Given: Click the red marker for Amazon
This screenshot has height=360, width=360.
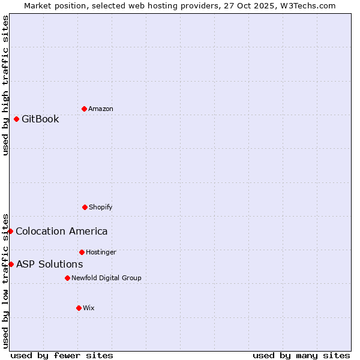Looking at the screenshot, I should pyautogui.click(x=84, y=109).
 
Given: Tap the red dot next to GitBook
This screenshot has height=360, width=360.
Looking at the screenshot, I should pyautogui.click(x=16, y=119).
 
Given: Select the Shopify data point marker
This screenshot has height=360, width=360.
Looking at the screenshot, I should pyautogui.click(x=85, y=207).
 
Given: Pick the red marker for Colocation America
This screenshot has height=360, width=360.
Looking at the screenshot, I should pyautogui.click(x=10, y=231).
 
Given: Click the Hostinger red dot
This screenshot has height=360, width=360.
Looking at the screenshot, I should pyautogui.click(x=82, y=252).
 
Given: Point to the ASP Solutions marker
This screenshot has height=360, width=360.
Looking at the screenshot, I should pyautogui.click(x=11, y=264).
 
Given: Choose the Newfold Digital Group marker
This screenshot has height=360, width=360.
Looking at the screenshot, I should pyautogui.click(x=67, y=278).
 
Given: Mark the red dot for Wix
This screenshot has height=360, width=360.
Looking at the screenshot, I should pyautogui.click(x=79, y=308).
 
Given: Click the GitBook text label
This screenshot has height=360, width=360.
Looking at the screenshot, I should pyautogui.click(x=40, y=119).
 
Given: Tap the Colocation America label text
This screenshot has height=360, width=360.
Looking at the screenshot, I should pyautogui.click(x=62, y=231).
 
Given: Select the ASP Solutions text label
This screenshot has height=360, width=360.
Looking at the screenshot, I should pyautogui.click(x=49, y=264).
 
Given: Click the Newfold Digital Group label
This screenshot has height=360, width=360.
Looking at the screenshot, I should pyautogui.click(x=106, y=278).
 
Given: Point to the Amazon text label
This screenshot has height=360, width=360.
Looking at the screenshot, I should pyautogui.click(x=101, y=109).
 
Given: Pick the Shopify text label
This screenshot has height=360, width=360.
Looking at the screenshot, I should pyautogui.click(x=101, y=207).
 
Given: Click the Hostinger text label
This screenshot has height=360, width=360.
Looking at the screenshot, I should pyautogui.click(x=101, y=252).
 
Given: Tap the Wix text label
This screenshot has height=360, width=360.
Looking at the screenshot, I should pyautogui.click(x=89, y=308).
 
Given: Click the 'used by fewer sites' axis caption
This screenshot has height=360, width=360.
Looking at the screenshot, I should pyautogui.click(x=62, y=355).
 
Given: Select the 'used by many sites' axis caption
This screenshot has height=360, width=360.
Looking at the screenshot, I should pyautogui.click(x=301, y=355).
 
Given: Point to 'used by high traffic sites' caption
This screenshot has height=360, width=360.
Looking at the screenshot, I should pyautogui.click(x=5, y=85).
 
